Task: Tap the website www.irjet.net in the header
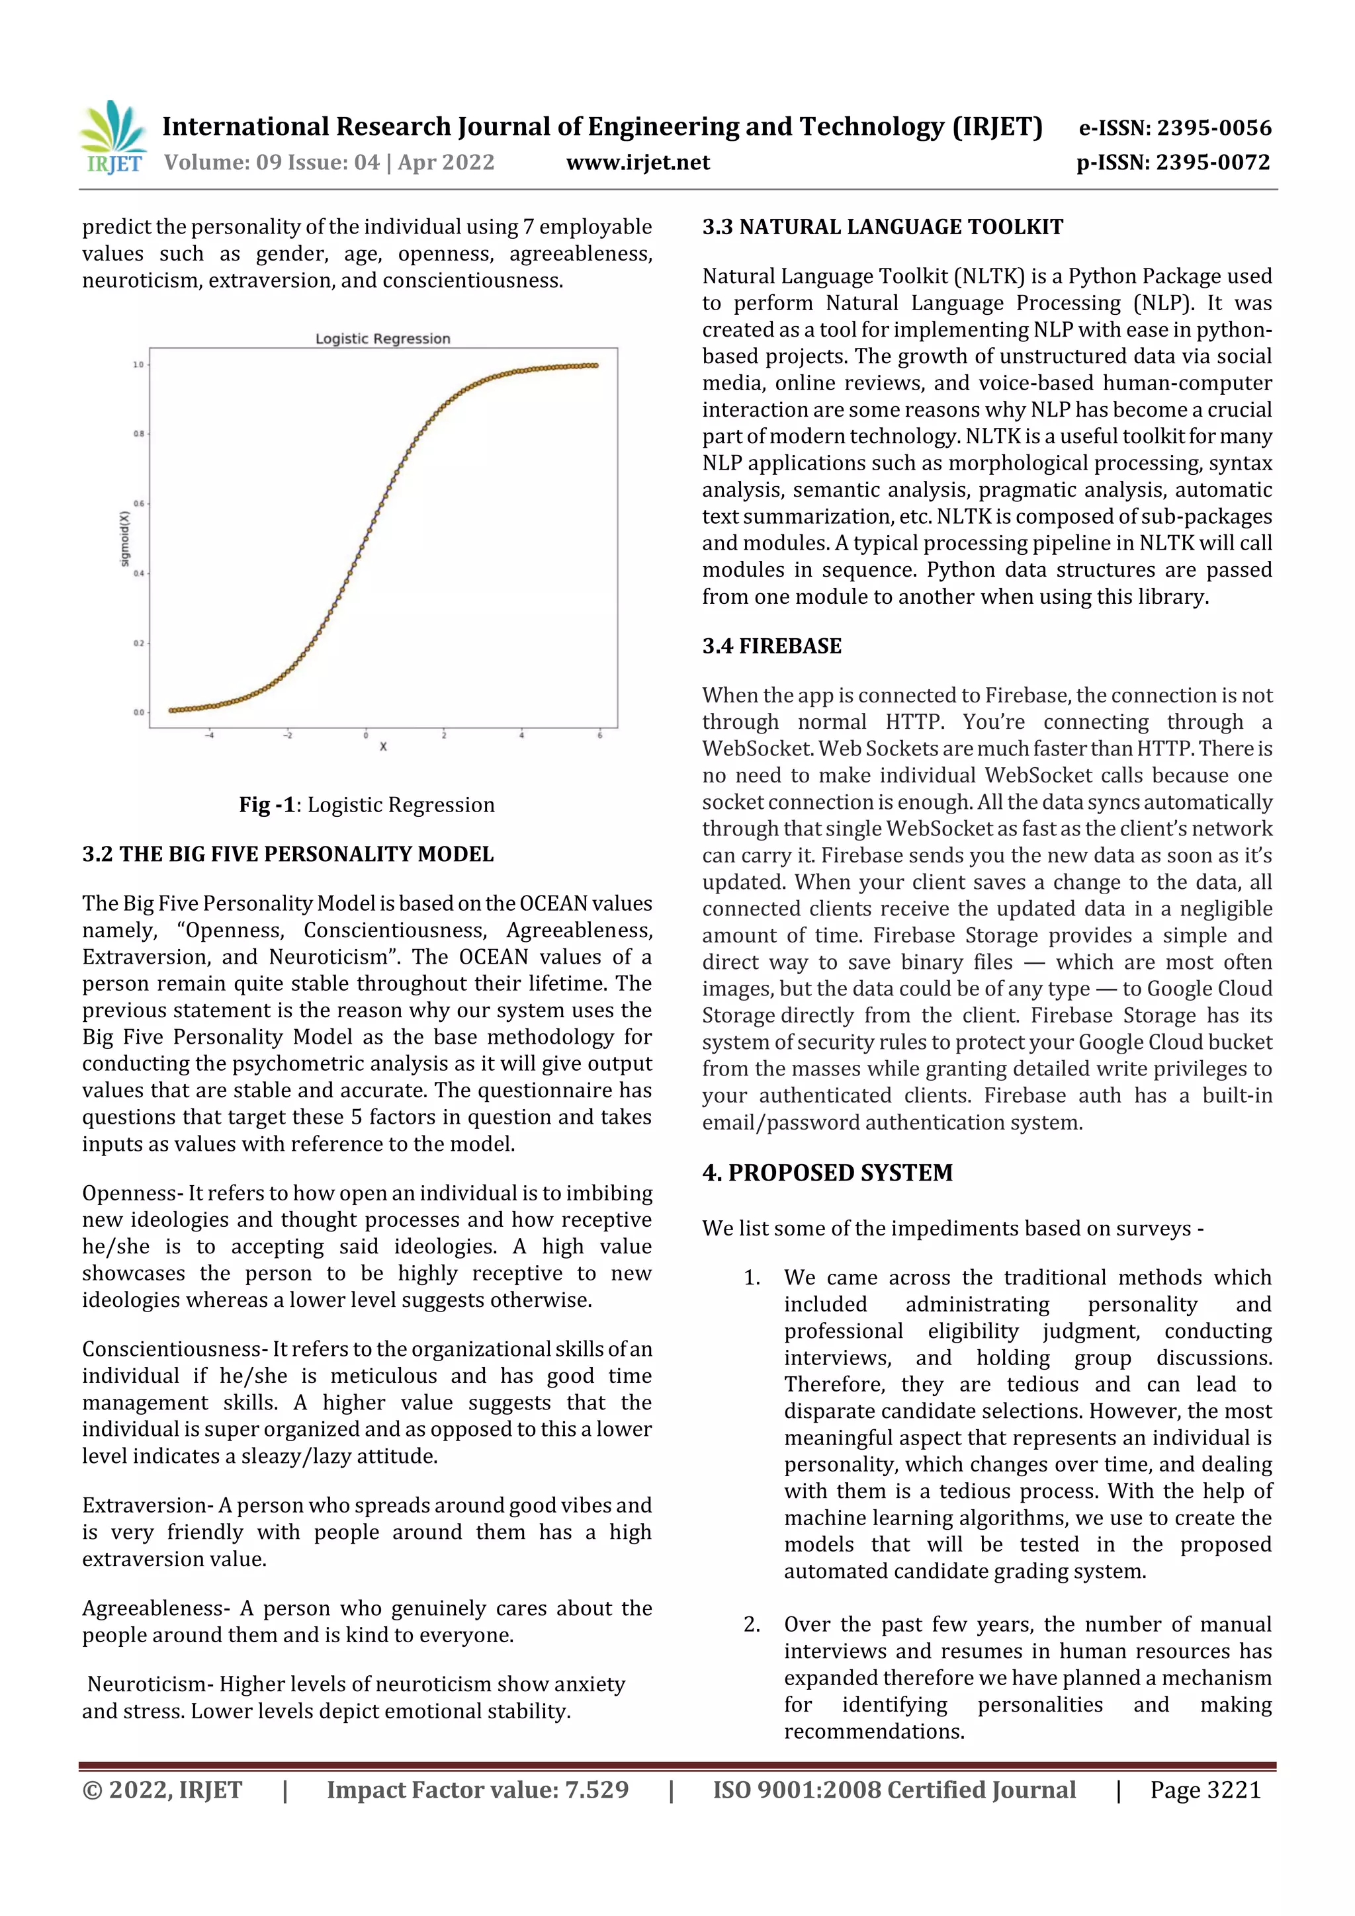click(x=638, y=162)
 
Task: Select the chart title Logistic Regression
click(x=382, y=338)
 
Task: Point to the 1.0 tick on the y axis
click(x=138, y=364)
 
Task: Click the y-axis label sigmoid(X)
click(x=125, y=538)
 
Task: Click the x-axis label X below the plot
click(x=383, y=747)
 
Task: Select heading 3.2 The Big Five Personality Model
click(x=288, y=854)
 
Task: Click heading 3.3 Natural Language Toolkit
click(x=883, y=227)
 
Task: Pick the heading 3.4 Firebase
click(x=771, y=646)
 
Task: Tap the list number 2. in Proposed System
click(x=752, y=1625)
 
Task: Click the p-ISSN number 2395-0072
click(x=1213, y=162)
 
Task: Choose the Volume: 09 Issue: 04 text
click(x=271, y=162)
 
